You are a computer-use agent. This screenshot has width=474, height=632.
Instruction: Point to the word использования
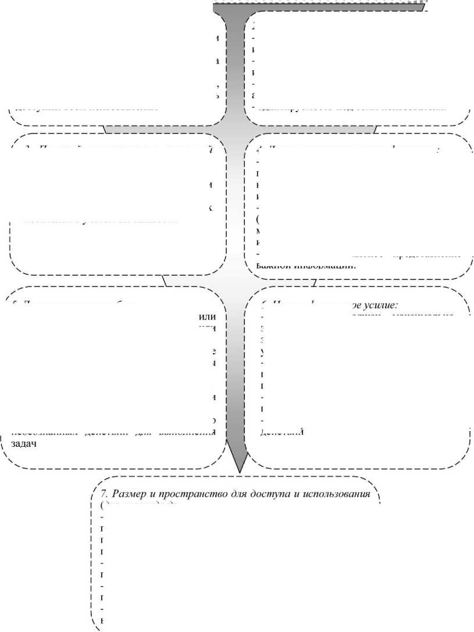point(333,494)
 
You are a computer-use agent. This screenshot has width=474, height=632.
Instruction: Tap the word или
point(207,317)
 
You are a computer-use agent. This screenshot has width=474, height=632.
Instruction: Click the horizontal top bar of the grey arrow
point(314,5)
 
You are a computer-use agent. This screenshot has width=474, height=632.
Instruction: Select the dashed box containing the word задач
point(116,378)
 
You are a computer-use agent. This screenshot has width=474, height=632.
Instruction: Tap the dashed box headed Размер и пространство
point(233,558)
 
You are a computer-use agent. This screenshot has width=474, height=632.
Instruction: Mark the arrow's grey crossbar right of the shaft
point(314,128)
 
